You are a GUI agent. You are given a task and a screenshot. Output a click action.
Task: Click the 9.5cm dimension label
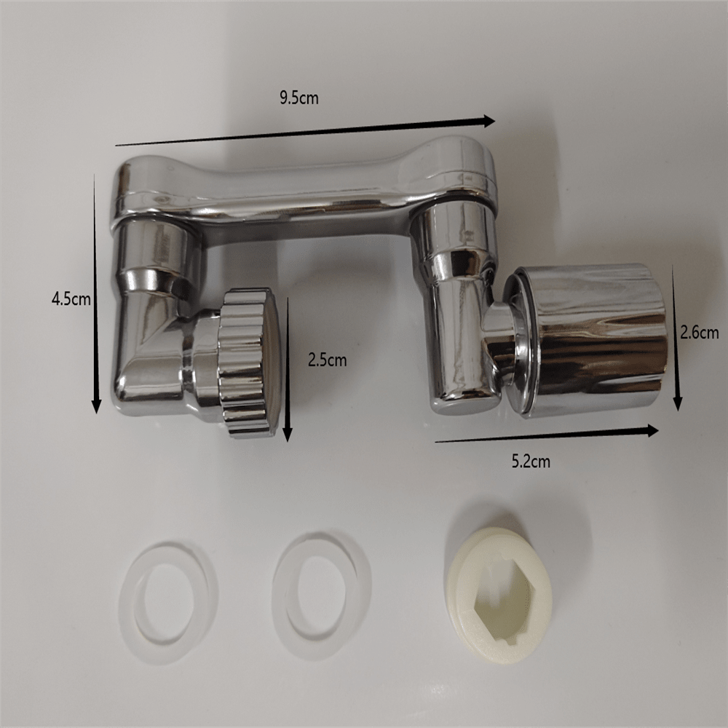(x=298, y=98)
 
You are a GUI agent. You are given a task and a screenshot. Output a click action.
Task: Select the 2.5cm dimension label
(x=325, y=358)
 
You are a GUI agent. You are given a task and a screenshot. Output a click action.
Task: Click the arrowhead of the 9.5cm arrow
(x=488, y=121)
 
